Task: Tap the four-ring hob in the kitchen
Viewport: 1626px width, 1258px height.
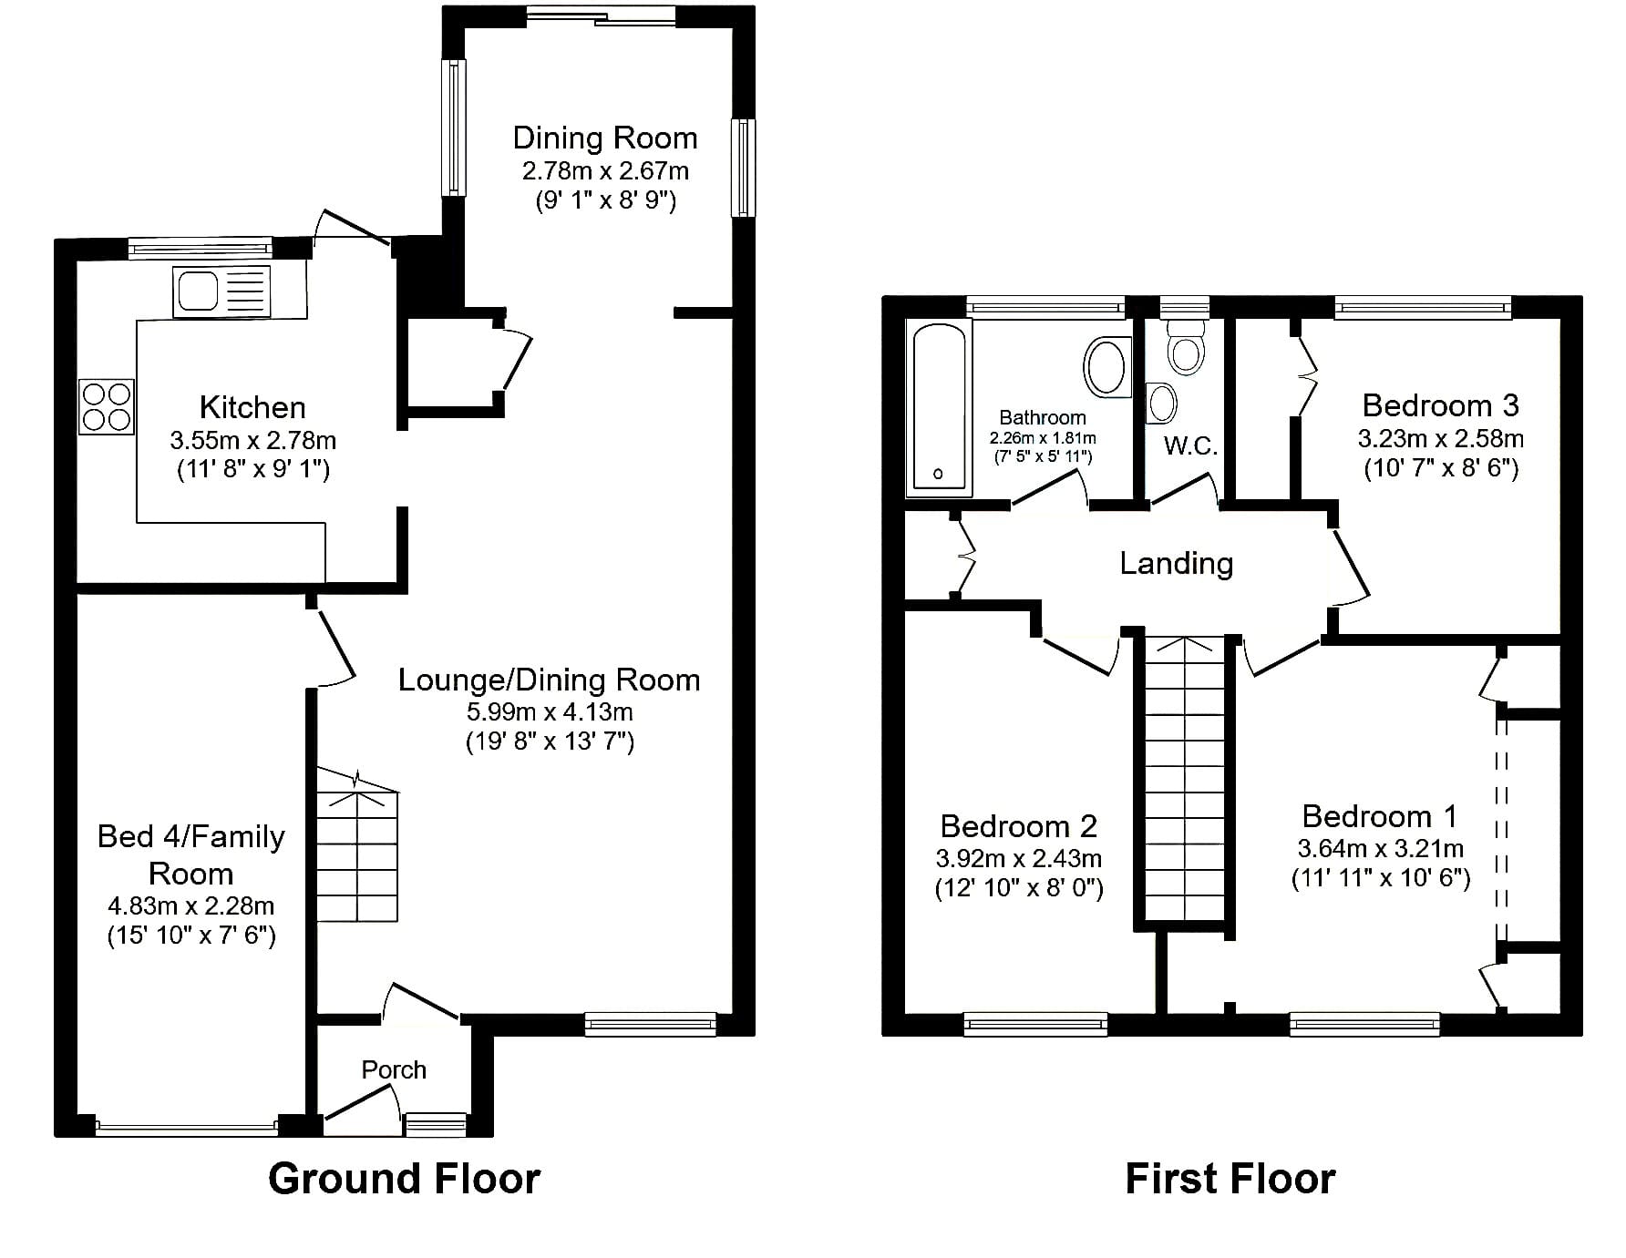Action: click(x=107, y=406)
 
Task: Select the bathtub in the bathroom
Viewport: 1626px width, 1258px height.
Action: click(x=938, y=408)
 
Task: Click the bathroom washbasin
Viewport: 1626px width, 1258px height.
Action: click(x=1106, y=366)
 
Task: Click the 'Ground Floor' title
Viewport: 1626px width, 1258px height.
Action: click(x=404, y=1178)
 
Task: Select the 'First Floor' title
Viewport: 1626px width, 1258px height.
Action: click(x=1230, y=1178)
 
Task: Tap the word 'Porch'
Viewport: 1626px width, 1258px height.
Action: click(x=394, y=1069)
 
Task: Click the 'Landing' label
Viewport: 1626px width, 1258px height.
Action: click(x=1176, y=563)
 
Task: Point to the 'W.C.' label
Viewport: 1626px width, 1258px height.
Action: click(x=1190, y=445)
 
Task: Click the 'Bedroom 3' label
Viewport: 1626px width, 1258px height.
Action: click(x=1440, y=404)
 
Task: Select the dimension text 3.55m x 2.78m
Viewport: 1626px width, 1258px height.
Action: click(x=253, y=441)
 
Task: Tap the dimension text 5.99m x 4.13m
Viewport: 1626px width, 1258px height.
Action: click(x=550, y=711)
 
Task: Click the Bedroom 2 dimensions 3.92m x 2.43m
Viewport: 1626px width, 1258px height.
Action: click(x=1019, y=858)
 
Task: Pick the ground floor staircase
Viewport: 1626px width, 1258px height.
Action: click(x=357, y=845)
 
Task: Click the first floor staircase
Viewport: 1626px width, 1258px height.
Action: click(x=1185, y=780)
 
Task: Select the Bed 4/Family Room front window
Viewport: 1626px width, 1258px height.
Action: click(x=187, y=1129)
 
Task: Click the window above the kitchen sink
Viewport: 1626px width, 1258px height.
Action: click(x=201, y=247)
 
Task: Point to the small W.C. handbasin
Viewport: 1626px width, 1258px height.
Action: click(x=1161, y=403)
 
